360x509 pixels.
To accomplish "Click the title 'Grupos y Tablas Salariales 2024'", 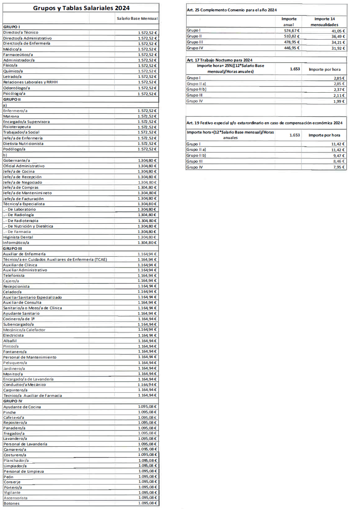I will (81, 8).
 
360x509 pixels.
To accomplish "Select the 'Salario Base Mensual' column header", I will (137, 19).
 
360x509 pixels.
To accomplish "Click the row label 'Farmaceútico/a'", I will (18, 54).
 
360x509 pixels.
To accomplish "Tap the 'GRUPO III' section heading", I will (12, 248).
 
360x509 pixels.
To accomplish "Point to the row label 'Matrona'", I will (11, 116).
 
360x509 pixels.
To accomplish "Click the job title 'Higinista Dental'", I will (18, 237).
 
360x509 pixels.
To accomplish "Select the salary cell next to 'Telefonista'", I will (147, 275).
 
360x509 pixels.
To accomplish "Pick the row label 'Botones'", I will (11, 504).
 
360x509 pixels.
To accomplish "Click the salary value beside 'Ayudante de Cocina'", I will (147, 407).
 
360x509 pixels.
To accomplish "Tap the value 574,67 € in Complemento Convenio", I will (292, 31).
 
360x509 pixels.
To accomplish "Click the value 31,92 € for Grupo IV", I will (338, 48).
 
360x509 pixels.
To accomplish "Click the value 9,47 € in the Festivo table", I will (338, 155).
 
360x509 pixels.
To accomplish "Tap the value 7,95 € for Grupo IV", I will (338, 167).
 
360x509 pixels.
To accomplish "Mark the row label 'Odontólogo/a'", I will (16, 88).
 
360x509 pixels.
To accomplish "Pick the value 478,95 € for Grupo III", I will (292, 42).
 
